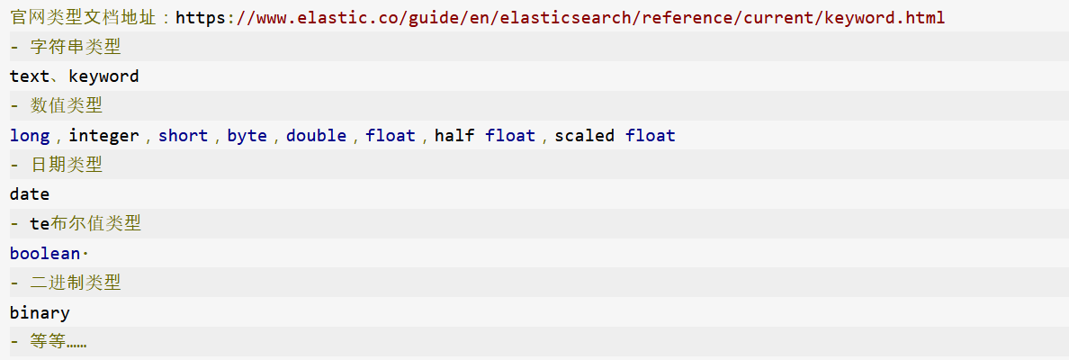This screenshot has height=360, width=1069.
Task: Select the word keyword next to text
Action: coord(103,76)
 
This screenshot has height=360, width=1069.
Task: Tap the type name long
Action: coord(30,136)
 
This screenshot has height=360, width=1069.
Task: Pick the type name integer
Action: coord(103,136)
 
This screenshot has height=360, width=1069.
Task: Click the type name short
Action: coord(183,136)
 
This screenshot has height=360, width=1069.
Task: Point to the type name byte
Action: coord(247,136)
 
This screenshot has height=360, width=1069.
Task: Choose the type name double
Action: coord(316,136)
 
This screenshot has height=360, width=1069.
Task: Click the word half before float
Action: coord(454,136)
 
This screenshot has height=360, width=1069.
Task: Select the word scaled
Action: coord(584,136)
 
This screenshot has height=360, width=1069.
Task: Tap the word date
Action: coord(30,194)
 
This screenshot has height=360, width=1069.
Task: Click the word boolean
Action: coord(45,254)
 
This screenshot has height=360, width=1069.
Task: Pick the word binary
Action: coord(40,313)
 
